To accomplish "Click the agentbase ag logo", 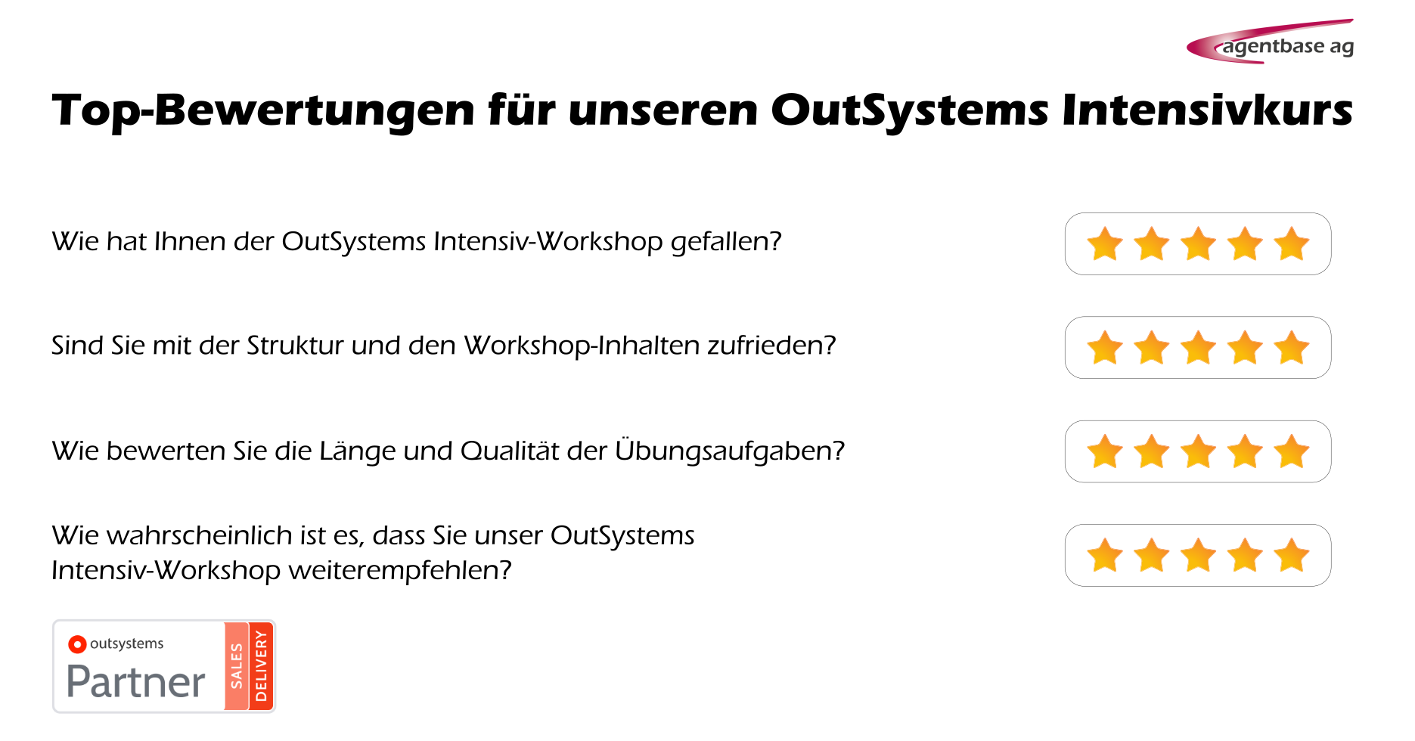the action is click(1271, 42).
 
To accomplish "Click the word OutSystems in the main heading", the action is click(910, 110).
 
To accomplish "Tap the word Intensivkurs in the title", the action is click(1207, 110).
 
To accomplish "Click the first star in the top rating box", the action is click(1105, 244).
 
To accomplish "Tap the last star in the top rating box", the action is click(1292, 244).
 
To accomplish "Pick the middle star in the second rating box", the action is click(1199, 348).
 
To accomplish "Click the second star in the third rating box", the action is click(1152, 451).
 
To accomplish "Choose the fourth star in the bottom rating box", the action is click(1245, 556).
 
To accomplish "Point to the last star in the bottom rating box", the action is click(1292, 556).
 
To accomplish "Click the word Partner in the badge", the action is click(136, 681).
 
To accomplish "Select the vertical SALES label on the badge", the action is click(237, 666).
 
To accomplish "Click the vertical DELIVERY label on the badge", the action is click(261, 666).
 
